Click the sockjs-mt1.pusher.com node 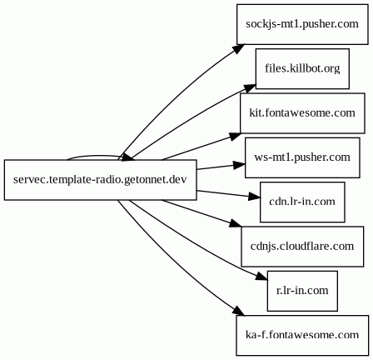(x=302, y=24)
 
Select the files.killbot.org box (x=302, y=68)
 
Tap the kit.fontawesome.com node (x=302, y=112)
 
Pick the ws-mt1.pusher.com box (x=302, y=157)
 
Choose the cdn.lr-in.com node (x=302, y=202)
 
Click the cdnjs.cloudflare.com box (x=302, y=247)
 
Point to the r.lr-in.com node (x=302, y=291)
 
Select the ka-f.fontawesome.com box (x=302, y=335)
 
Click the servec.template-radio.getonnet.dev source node (x=99, y=179)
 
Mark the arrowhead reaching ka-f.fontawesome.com (x=231, y=313)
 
